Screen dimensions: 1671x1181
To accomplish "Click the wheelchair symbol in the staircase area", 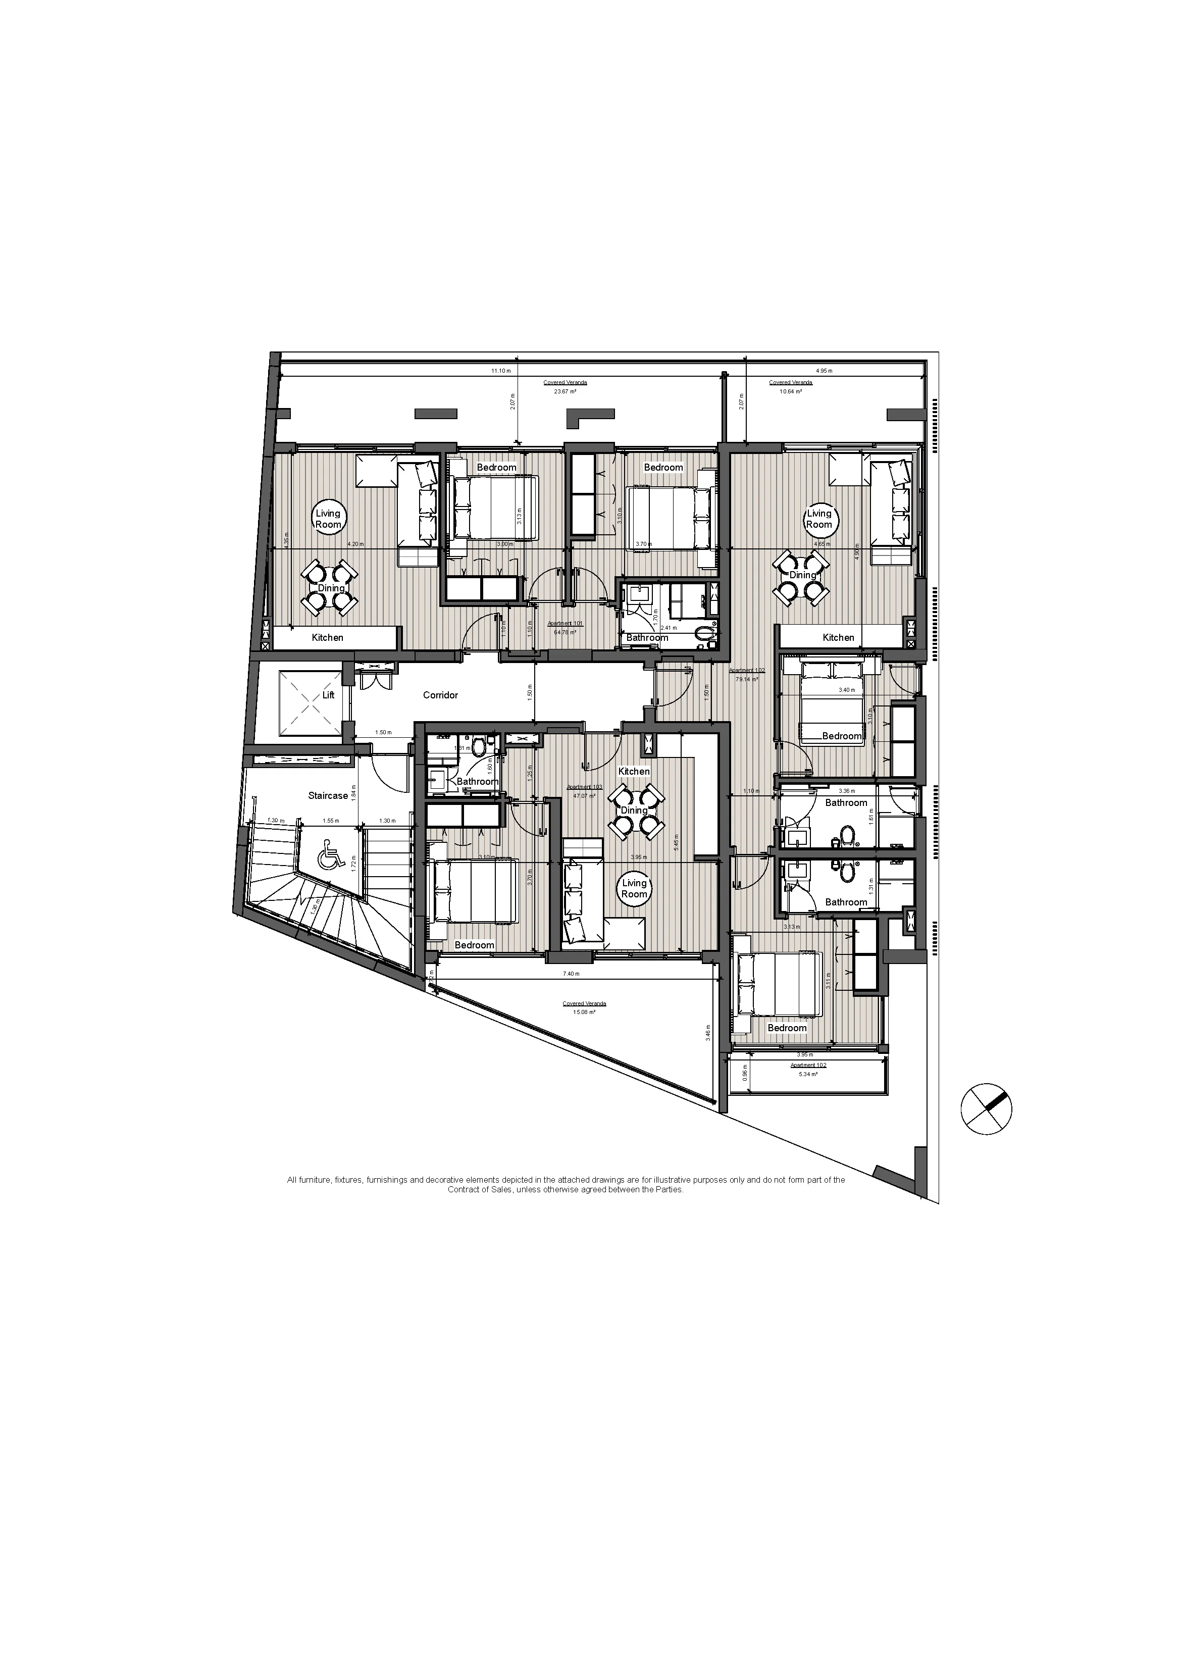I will click(x=332, y=854).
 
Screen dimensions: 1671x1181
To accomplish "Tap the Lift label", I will click(x=328, y=695).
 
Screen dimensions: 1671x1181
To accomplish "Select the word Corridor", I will click(x=440, y=695).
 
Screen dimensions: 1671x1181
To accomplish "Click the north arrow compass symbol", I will click(x=986, y=1110).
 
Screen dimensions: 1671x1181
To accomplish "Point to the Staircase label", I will click(x=328, y=795).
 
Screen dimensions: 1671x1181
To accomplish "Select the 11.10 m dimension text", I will click(x=501, y=371).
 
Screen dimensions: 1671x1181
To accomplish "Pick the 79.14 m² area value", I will click(x=747, y=679).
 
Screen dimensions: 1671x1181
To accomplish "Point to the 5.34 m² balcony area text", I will click(x=808, y=1074).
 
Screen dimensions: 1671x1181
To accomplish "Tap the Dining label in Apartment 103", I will click(x=634, y=811).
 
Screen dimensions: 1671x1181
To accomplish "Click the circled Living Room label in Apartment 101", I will click(x=328, y=519).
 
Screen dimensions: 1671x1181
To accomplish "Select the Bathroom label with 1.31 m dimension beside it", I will click(x=846, y=902).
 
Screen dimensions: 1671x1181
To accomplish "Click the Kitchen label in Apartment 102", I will click(x=838, y=637).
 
